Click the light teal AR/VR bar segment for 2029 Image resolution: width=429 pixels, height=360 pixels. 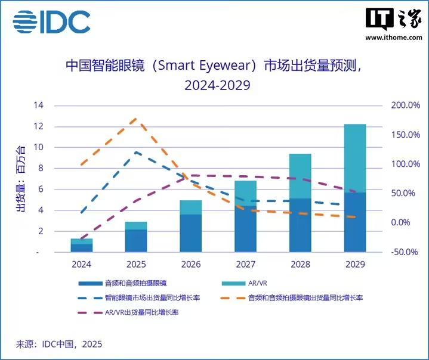[355, 158]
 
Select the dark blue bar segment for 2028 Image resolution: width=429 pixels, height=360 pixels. [300, 225]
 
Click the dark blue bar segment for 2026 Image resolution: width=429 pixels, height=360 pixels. [190, 233]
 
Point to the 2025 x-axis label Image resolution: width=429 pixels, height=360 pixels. [135, 263]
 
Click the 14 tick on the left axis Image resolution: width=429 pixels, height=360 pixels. [40, 105]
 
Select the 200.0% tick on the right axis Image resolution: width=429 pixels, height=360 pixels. [406, 105]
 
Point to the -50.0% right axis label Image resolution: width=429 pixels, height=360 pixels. [406, 252]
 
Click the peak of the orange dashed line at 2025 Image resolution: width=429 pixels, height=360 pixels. [135, 119]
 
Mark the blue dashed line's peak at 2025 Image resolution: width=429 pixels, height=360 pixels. [135, 152]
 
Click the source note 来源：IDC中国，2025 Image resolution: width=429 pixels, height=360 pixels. [59, 344]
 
